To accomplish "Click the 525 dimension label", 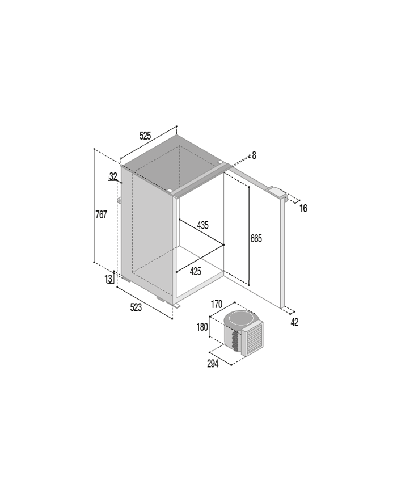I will pyautogui.click(x=145, y=136).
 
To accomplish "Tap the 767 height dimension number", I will pyautogui.click(x=101, y=215).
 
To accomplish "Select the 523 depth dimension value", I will pyautogui.click(x=136, y=307).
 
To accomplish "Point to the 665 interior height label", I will pyautogui.click(x=256, y=239).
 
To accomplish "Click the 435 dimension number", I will pyautogui.click(x=202, y=225).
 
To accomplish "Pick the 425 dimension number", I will pyautogui.click(x=195, y=272).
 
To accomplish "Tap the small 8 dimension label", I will pyautogui.click(x=254, y=155).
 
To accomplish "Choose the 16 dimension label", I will pyautogui.click(x=303, y=208).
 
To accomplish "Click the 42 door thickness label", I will pyautogui.click(x=294, y=322).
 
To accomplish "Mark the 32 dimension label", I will pyautogui.click(x=113, y=176).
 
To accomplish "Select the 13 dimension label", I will pyautogui.click(x=108, y=279).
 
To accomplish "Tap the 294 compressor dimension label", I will pyautogui.click(x=213, y=364).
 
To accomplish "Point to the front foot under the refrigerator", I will pyautogui.click(x=176, y=305).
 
